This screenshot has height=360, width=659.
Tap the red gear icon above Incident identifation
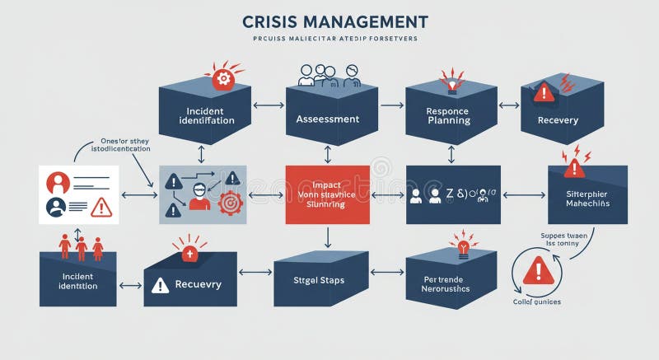tap(223, 78)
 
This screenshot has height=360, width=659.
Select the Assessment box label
tap(328, 119)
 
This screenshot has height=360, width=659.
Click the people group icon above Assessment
tap(328, 76)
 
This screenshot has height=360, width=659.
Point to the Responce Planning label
tap(449, 115)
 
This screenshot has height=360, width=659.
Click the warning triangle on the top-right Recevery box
tap(544, 92)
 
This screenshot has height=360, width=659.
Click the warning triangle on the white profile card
tap(100, 207)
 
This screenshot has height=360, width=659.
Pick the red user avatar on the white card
tap(58, 181)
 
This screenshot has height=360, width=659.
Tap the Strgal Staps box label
tap(319, 281)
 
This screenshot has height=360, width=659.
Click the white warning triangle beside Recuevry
tap(160, 286)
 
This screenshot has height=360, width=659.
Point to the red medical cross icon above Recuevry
tap(189, 252)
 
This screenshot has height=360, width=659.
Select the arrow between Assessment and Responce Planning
tap(391, 105)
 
